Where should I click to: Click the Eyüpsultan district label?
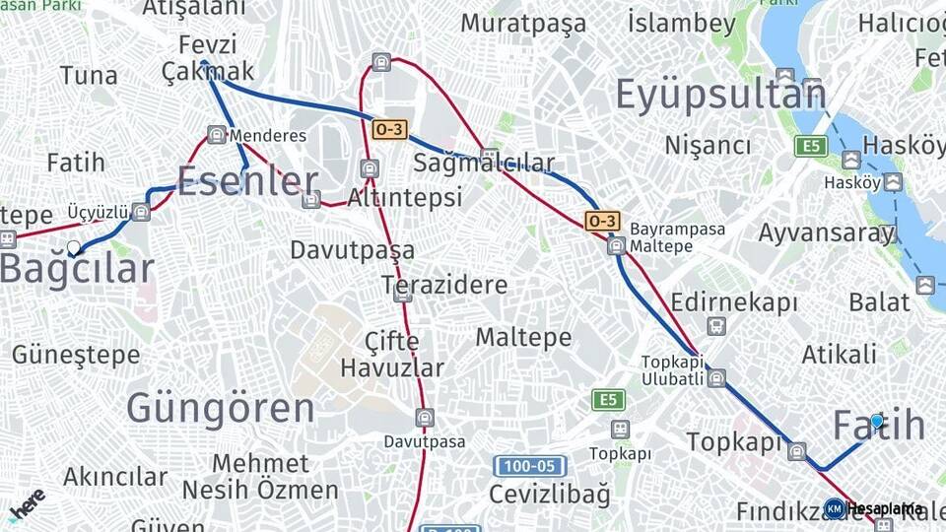point(720,95)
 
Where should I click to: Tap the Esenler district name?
point(247,181)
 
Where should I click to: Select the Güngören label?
point(221,407)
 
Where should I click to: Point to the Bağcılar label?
point(77,268)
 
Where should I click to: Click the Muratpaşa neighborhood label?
point(523,24)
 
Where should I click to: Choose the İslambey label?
point(682,24)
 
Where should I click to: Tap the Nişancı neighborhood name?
point(708,146)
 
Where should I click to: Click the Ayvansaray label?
point(827,233)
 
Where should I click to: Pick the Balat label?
point(879,301)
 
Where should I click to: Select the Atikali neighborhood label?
point(839,354)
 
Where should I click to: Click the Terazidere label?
point(444,286)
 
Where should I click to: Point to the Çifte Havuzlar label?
point(392,355)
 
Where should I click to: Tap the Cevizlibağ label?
point(550,494)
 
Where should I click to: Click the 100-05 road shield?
point(529,466)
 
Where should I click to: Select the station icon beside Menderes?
point(217,135)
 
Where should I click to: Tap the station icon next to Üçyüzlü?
point(142,212)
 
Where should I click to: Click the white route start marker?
point(74,247)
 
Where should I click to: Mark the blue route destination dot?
point(876,422)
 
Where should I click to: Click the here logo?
point(27,505)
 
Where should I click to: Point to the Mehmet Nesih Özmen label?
point(260,477)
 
